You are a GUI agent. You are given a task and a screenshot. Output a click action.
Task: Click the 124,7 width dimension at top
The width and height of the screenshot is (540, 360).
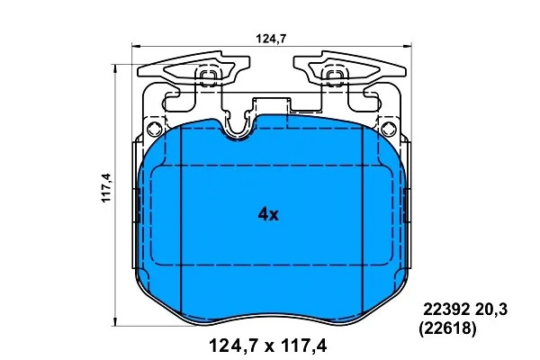[271, 38]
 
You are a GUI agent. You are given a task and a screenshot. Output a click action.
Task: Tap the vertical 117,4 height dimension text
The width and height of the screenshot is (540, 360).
[106, 187]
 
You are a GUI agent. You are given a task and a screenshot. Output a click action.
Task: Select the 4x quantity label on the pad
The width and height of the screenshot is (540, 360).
[268, 215]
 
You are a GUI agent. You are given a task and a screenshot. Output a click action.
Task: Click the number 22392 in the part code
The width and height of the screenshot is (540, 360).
[446, 310]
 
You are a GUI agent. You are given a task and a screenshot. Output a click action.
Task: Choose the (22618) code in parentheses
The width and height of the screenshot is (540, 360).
[447, 328]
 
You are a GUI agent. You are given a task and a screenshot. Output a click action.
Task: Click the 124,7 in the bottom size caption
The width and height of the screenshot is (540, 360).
[234, 346]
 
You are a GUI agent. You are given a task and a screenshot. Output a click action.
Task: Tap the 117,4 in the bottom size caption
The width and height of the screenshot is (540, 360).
[304, 346]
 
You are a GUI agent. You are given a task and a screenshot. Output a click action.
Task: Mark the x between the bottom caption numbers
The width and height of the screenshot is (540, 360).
[270, 347]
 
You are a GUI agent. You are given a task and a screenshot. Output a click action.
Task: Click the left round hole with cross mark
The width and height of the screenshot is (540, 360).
[154, 130]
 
